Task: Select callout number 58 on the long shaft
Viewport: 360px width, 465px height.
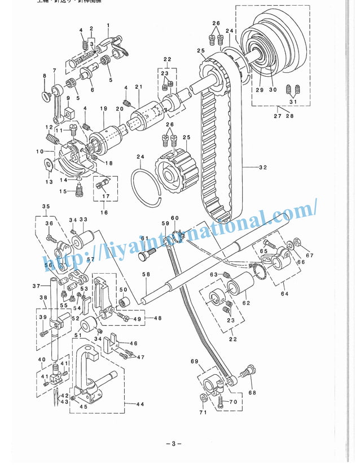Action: pyautogui.click(x=146, y=275)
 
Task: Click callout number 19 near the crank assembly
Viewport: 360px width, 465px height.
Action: pyautogui.click(x=103, y=108)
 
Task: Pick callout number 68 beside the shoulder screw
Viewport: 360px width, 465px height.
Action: pyautogui.click(x=251, y=393)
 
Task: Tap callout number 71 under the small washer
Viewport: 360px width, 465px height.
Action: pyautogui.click(x=203, y=413)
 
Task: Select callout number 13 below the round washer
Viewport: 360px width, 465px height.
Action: pyautogui.click(x=49, y=182)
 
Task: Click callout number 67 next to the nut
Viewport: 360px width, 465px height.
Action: pyautogui.click(x=309, y=256)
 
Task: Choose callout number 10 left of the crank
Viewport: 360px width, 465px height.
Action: pyautogui.click(x=39, y=151)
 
